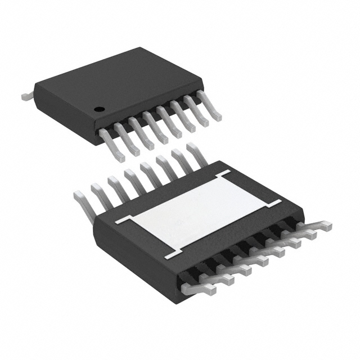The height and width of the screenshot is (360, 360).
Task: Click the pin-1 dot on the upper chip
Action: (98, 109)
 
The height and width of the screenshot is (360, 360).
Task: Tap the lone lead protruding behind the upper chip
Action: (27, 96)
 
